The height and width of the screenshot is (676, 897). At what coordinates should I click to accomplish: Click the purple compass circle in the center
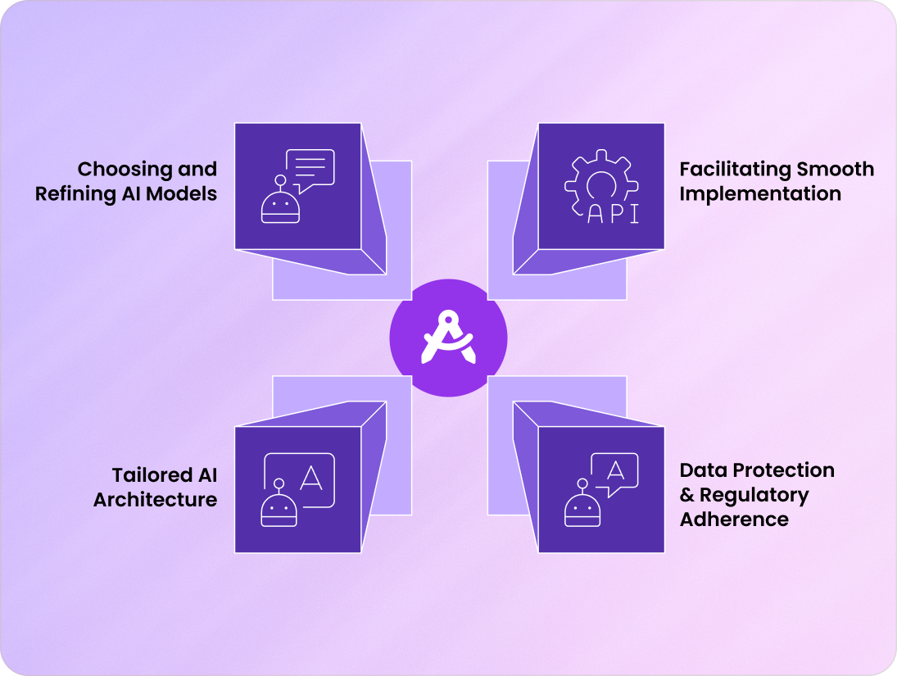(448, 338)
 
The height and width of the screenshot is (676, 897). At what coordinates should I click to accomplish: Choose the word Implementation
(760, 195)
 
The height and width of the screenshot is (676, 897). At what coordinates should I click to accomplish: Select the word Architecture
(156, 500)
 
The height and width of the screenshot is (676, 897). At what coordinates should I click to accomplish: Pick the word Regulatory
(754, 495)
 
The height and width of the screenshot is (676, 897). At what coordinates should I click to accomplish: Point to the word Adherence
(734, 519)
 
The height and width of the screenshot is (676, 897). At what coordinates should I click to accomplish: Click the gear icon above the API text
(601, 182)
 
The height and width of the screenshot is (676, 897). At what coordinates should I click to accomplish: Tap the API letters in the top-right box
(614, 213)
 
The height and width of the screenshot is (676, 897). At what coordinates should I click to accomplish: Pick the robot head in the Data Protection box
(583, 510)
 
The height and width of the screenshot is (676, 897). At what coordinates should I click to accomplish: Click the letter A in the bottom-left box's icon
(311, 477)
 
